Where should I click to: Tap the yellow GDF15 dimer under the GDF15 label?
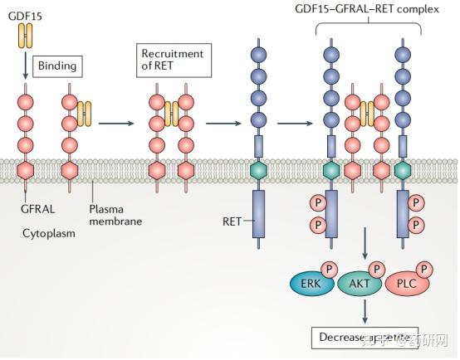(x=27, y=35)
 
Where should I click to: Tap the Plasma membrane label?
(x=111, y=215)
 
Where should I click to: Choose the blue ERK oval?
(x=311, y=283)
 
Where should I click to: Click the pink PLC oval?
(x=406, y=283)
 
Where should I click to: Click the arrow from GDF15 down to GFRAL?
(x=27, y=67)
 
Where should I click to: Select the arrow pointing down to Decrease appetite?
(x=365, y=311)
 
